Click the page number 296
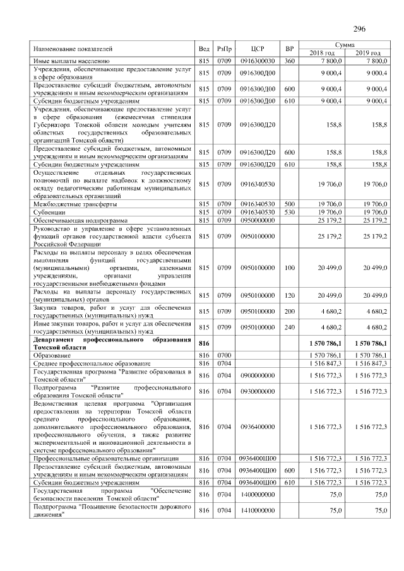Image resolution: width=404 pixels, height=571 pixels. pos(360,28)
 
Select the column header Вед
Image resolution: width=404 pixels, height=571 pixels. pos(203,49)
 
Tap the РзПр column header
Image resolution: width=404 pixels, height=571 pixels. pos(224,49)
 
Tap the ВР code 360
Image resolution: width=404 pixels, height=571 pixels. pos(290,61)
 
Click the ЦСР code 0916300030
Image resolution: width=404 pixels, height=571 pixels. pos(257,61)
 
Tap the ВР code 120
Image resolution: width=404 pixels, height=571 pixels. pos(290,295)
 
